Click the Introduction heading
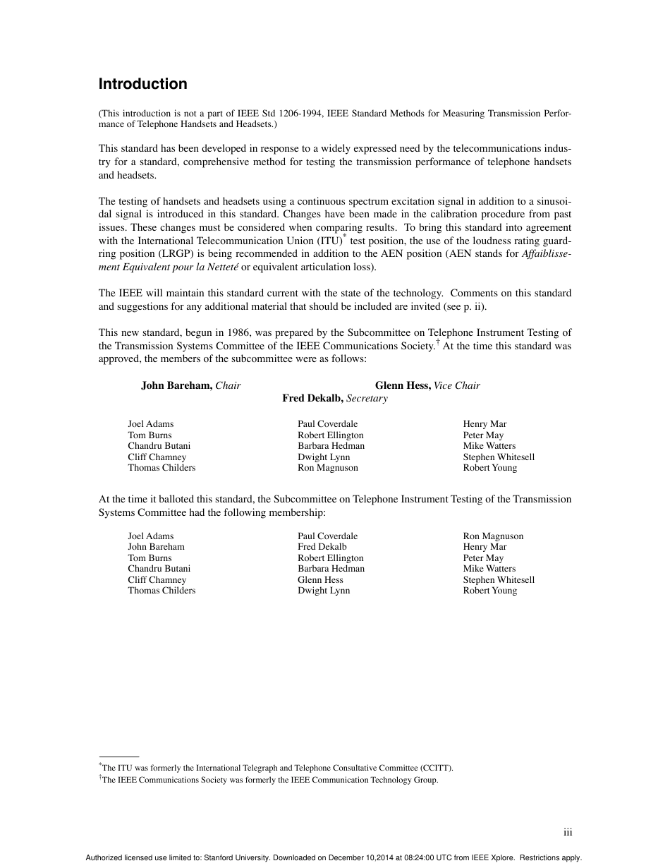pyautogui.click(x=142, y=84)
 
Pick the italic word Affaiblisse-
pyautogui.click(x=547, y=255)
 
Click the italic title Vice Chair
pyautogui.click(x=457, y=385)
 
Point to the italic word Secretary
pyautogui.click(x=367, y=398)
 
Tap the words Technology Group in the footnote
pyautogui.click(x=402, y=780)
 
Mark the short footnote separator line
pyautogui.click(x=118, y=756)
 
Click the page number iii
pyautogui.click(x=568, y=832)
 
